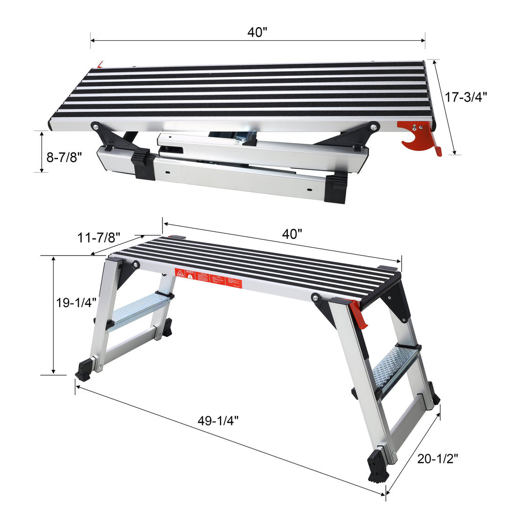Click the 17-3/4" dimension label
pos(466,97)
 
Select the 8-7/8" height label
pos(64,156)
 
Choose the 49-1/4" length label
pos(218,420)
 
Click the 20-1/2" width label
pos(437,458)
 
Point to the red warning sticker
pos(208,279)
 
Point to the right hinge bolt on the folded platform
pos(373,126)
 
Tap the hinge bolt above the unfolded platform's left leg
pos(136,265)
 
